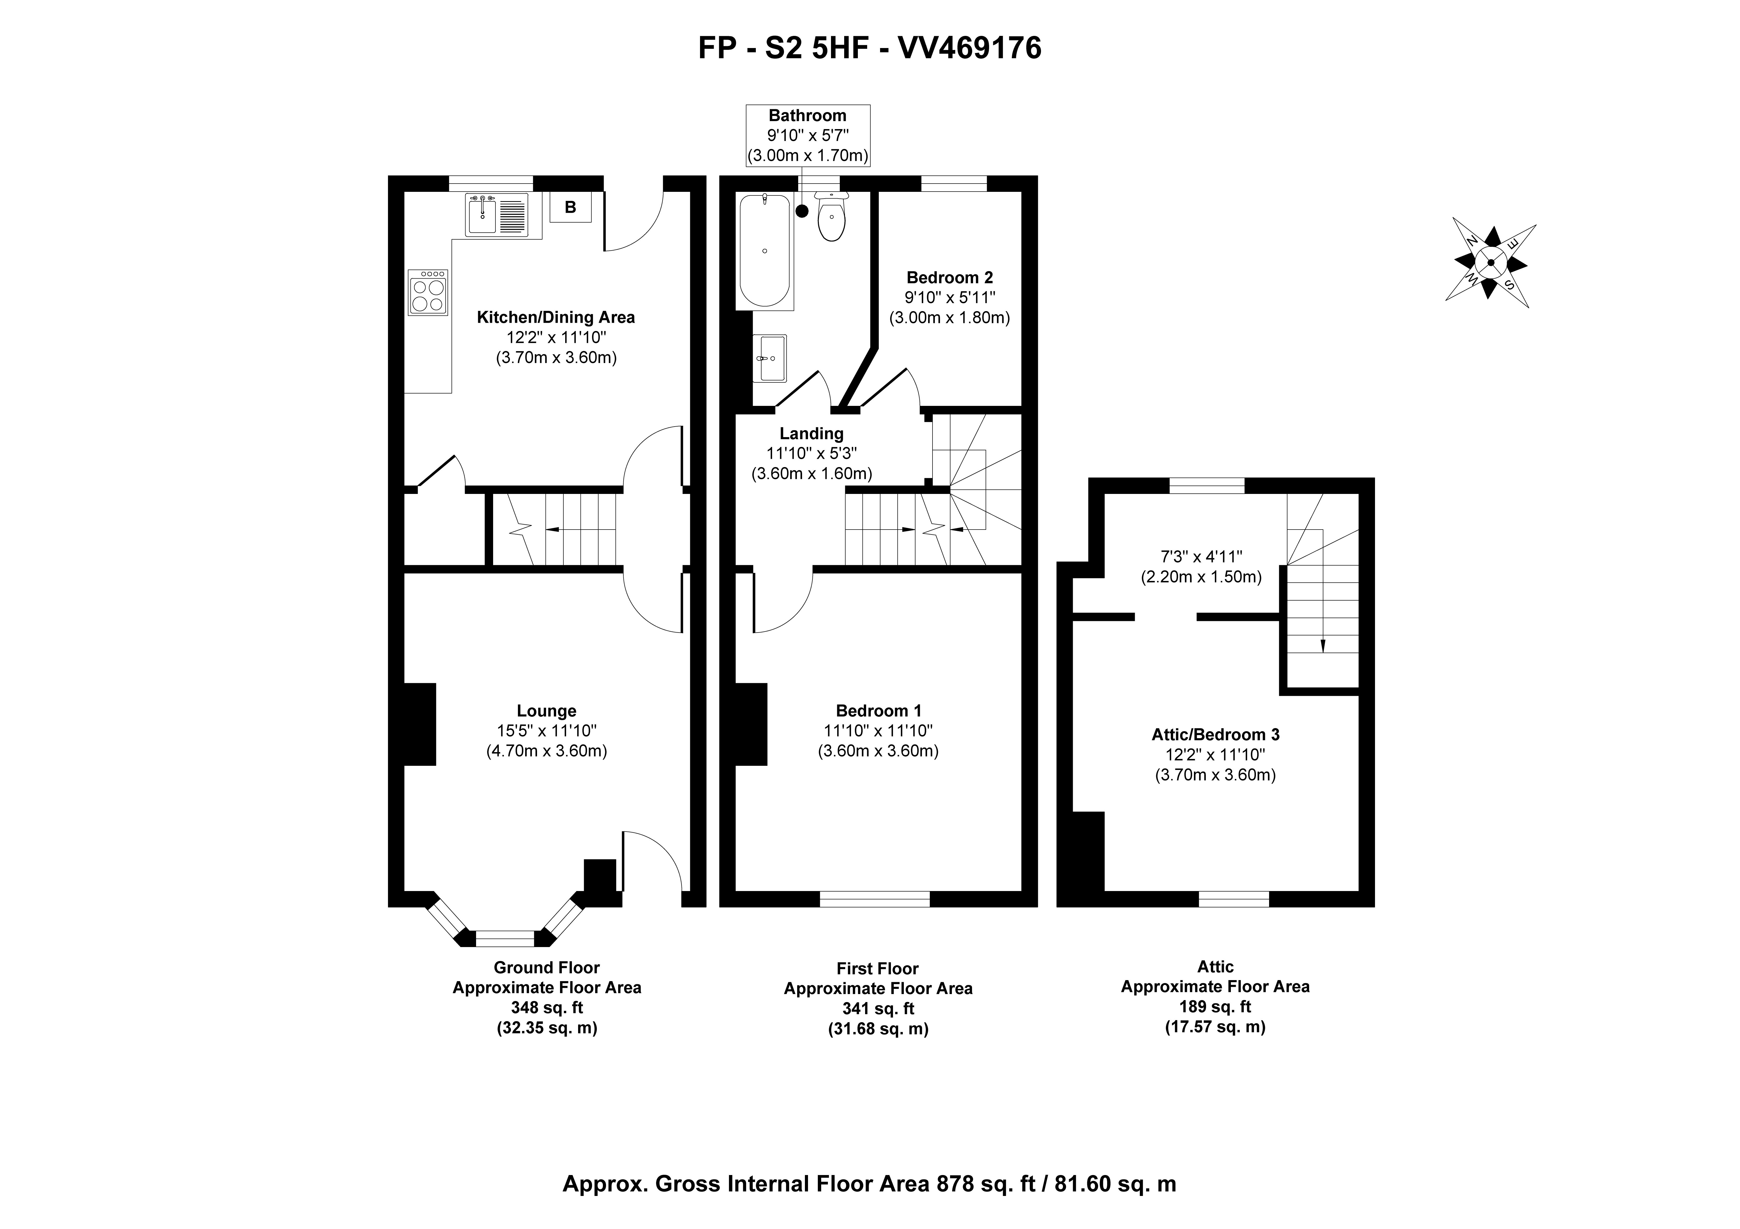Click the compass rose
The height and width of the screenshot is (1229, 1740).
[x=1491, y=263]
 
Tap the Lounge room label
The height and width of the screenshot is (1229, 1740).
[x=546, y=711]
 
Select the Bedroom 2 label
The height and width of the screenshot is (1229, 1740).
[x=950, y=277]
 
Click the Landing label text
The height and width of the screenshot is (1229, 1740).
[x=812, y=434]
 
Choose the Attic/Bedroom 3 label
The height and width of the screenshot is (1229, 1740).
[x=1216, y=734]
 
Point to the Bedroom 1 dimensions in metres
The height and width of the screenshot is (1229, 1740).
[x=878, y=751]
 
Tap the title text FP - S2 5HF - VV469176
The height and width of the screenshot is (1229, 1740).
[x=870, y=48]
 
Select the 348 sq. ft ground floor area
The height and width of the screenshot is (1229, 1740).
[x=546, y=1008]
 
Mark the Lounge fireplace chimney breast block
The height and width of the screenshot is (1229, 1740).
[x=419, y=724]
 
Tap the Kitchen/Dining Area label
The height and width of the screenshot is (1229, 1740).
[x=555, y=318]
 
